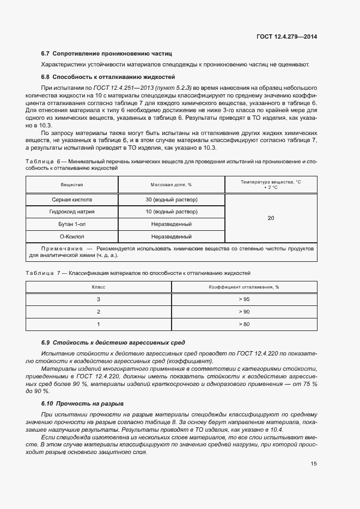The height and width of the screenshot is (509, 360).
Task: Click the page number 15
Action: pyautogui.click(x=314, y=464)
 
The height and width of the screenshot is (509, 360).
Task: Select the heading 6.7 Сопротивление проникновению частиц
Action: pyautogui.click(x=106, y=54)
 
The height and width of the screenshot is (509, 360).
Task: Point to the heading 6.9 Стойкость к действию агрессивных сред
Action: pyautogui.click(x=113, y=342)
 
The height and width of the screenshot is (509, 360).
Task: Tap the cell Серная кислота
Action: pyautogui.click(x=72, y=199)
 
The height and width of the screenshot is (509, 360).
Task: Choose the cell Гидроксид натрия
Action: pyautogui.click(x=72, y=212)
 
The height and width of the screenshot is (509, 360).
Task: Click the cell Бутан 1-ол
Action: pyautogui.click(x=72, y=224)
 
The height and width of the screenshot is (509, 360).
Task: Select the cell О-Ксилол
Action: pyautogui.click(x=72, y=236)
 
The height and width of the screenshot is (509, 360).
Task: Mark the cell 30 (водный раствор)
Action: pyautogui.click(x=171, y=199)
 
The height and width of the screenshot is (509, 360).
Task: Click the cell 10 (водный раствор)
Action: pyautogui.click(x=171, y=212)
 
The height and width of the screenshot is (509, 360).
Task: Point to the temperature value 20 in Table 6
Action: pyautogui.click(x=271, y=218)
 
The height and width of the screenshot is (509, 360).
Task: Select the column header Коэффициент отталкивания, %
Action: pyautogui.click(x=244, y=287)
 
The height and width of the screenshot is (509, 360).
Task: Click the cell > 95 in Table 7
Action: pyautogui.click(x=244, y=299)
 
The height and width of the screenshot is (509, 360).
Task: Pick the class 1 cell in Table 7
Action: pyautogui.click(x=99, y=324)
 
